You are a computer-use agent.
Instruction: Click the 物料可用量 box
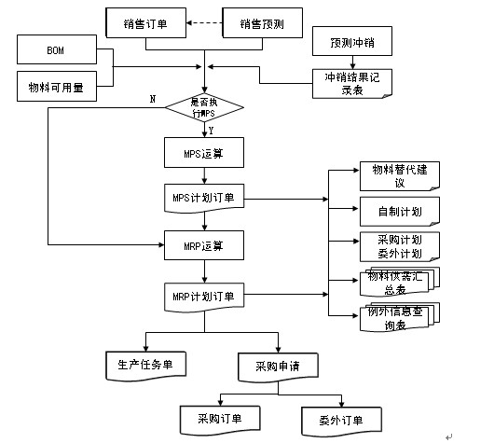coord(55,88)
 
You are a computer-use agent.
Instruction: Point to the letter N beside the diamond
coord(152,98)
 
